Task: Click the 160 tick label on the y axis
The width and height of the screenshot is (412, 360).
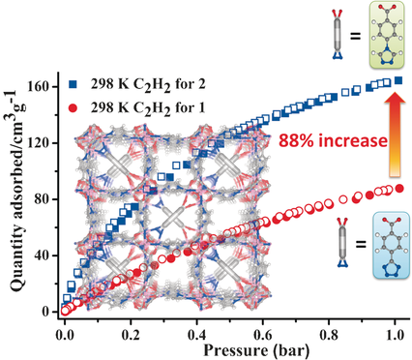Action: (x=39, y=87)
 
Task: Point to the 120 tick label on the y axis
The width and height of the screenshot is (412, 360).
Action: (x=39, y=143)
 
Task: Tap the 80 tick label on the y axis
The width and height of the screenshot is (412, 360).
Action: (x=43, y=199)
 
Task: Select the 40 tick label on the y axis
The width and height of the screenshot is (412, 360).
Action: (x=43, y=255)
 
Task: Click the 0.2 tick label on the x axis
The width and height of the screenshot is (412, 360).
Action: (x=131, y=335)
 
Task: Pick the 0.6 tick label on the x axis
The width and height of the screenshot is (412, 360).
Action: (x=262, y=335)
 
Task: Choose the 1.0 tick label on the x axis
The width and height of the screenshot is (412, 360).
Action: (x=394, y=335)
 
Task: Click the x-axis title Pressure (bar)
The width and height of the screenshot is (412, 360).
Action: (x=256, y=350)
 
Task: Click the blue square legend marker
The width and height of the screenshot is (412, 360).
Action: (x=74, y=84)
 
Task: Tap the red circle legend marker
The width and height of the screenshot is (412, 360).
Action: (x=74, y=108)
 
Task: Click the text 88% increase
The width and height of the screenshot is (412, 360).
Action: (x=333, y=140)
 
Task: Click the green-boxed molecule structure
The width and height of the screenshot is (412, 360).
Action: (x=386, y=34)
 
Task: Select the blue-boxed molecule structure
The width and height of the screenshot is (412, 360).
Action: (x=391, y=246)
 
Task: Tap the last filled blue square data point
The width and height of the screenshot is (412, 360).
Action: (x=398, y=80)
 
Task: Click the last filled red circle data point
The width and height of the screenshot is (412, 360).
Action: (x=399, y=189)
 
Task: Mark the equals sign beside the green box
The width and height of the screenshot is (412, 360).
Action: (x=355, y=36)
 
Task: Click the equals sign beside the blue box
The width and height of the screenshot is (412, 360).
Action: (x=361, y=244)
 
